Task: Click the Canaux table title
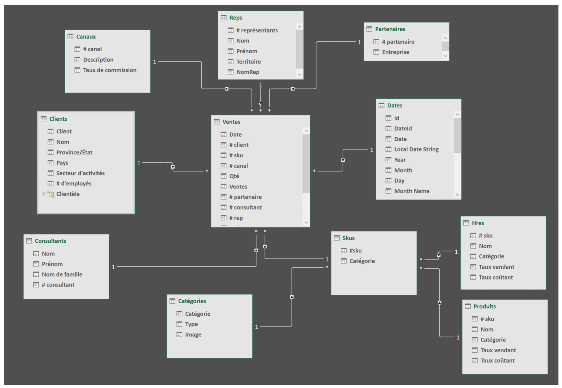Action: pos(86,37)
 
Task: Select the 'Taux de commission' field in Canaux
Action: pos(109,70)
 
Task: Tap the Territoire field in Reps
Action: pos(248,62)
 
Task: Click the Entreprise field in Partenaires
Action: pos(395,52)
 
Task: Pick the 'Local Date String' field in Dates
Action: pos(416,149)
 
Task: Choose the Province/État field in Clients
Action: pos(74,152)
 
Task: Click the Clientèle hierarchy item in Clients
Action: pos(68,194)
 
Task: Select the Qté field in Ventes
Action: pos(234,176)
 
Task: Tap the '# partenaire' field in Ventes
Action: pos(245,197)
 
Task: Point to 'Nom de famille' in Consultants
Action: pos(62,274)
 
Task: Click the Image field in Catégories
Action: pos(193,334)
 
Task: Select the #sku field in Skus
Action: pos(355,250)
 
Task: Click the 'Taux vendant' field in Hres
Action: pos(496,267)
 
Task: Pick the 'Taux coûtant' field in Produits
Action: pos(497,360)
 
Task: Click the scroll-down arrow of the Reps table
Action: pos(299,74)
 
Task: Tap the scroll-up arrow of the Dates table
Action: pos(458,115)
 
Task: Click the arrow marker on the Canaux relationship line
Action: pos(227,89)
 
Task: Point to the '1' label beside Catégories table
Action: pos(257,327)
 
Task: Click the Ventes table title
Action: pos(231,122)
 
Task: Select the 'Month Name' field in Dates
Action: pos(412,191)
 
